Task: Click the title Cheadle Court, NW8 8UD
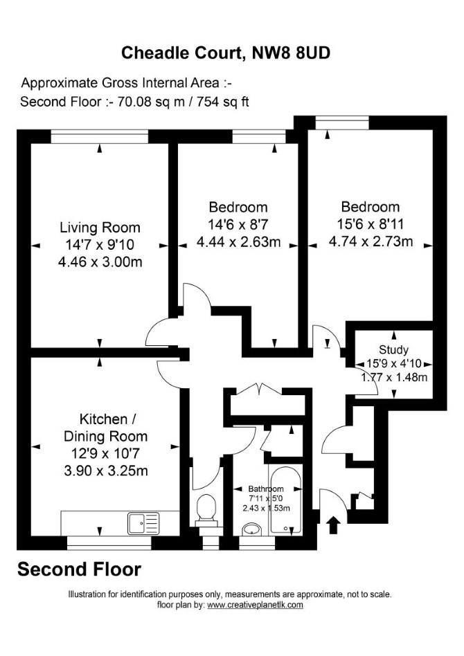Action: (x=226, y=53)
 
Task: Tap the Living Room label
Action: (x=100, y=228)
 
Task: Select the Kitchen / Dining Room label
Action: (x=105, y=428)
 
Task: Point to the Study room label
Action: (x=393, y=349)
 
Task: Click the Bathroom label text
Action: (x=266, y=489)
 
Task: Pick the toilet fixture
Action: (x=206, y=509)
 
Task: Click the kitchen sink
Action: (x=143, y=523)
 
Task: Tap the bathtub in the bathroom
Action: (x=286, y=500)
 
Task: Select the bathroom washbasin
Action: (x=252, y=529)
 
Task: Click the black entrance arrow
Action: (x=334, y=525)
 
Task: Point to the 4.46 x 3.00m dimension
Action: (x=100, y=262)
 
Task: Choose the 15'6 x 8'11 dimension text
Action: (x=371, y=224)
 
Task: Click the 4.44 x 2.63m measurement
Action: (x=239, y=242)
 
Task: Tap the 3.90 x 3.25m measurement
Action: (x=105, y=471)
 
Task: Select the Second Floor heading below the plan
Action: (x=79, y=570)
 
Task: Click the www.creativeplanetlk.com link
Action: (x=255, y=605)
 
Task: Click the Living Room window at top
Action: (x=100, y=136)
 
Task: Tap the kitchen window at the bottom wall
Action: (x=109, y=543)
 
